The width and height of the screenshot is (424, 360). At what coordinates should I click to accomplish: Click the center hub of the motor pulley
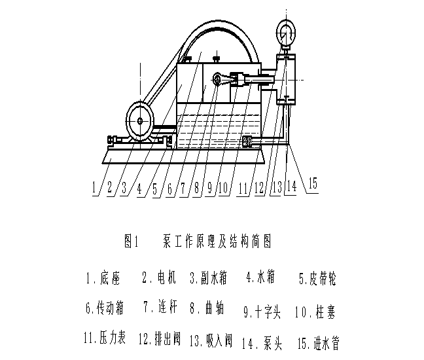pos(140,120)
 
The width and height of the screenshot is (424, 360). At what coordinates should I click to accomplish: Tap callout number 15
pos(313,183)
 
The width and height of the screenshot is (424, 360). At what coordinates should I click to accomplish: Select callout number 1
pos(94,187)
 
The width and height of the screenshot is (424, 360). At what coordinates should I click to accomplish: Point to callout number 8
pos(196,187)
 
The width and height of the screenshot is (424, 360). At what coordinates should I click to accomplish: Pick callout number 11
pos(243,188)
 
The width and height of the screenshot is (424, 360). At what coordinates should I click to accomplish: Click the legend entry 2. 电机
pos(159,277)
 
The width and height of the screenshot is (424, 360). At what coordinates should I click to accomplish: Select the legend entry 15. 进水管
pos(319,343)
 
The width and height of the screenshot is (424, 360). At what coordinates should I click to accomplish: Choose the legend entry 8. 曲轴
pos(207,308)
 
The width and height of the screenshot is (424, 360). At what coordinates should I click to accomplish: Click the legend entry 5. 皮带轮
pos(317,278)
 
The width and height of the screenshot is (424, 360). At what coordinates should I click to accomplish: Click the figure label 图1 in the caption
pos(132,241)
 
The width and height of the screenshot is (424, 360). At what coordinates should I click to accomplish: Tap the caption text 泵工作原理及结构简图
pos(217,241)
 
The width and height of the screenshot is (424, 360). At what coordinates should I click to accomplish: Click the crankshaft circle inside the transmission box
pos(217,79)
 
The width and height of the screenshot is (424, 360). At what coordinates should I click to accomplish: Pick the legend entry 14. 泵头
pos(262,343)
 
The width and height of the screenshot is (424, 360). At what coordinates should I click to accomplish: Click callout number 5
pos(155,189)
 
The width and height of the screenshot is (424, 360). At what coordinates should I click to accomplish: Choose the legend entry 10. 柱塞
pos(315,312)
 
